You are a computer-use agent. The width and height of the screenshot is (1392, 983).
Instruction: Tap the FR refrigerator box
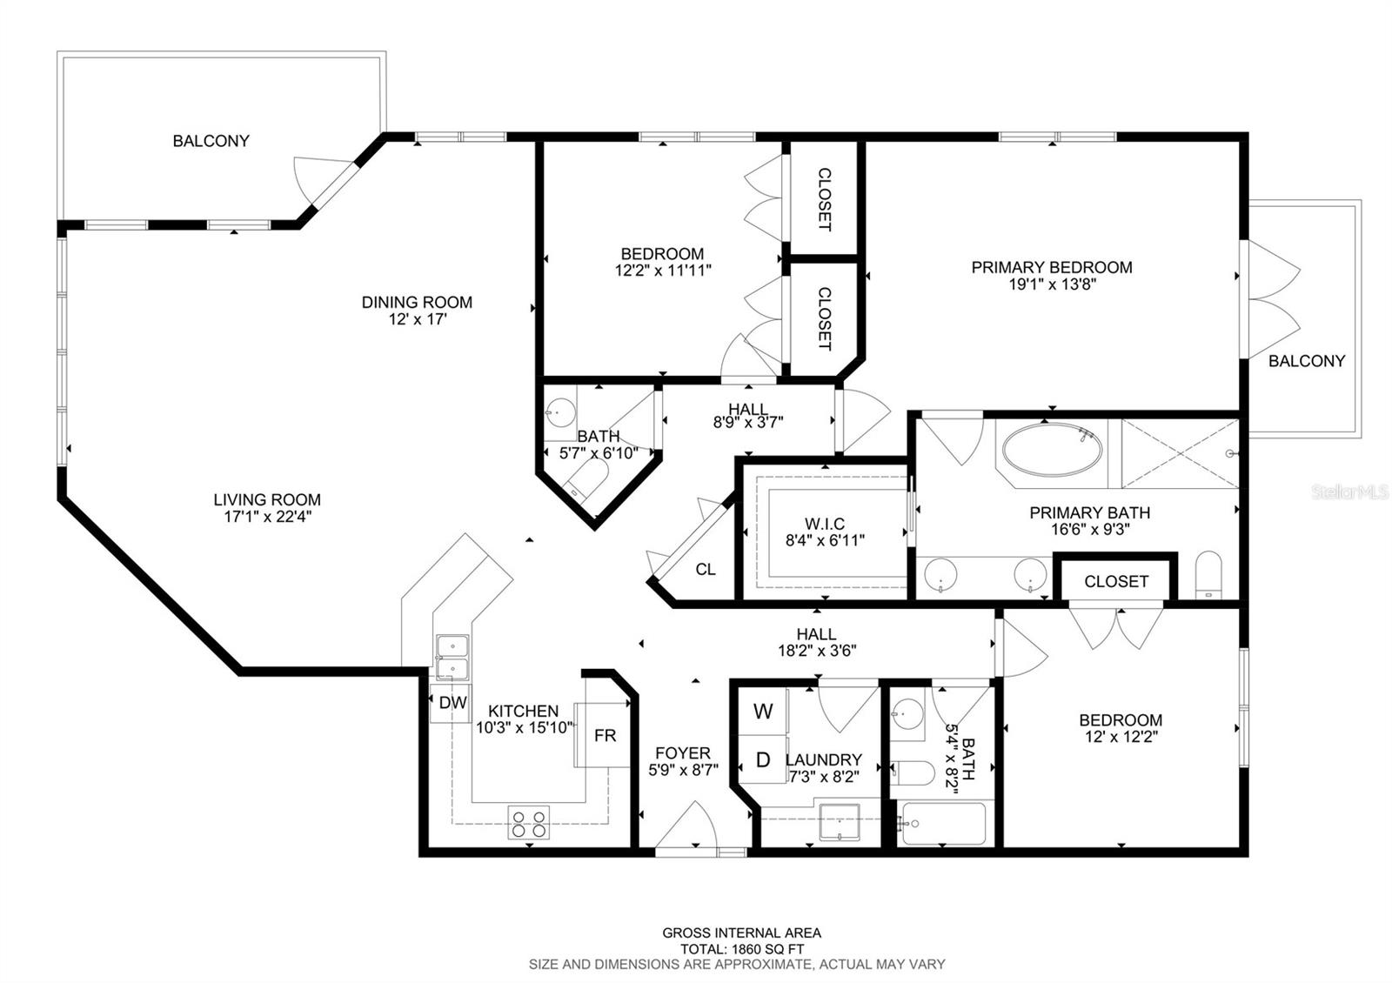(x=606, y=735)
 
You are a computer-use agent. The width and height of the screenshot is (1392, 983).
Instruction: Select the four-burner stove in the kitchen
(x=529, y=823)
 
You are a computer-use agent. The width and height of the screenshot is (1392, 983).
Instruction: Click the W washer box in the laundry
(x=763, y=712)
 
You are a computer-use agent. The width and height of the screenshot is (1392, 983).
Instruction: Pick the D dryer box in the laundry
(x=763, y=759)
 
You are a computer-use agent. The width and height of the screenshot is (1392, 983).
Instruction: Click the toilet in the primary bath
(x=1208, y=576)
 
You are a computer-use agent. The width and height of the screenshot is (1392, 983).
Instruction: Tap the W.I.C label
(x=825, y=524)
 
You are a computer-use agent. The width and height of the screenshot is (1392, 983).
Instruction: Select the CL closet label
(x=706, y=569)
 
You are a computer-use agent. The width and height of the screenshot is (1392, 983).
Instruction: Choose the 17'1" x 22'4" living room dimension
(x=267, y=516)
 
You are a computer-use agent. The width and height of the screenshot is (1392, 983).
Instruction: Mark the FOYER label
(x=683, y=752)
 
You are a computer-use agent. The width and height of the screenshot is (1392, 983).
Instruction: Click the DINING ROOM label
(x=417, y=302)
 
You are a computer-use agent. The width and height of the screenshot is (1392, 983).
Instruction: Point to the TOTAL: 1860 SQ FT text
(x=741, y=949)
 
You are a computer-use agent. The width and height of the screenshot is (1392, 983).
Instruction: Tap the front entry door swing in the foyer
(x=686, y=826)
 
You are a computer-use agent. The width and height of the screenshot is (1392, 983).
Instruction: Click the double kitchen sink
(x=452, y=657)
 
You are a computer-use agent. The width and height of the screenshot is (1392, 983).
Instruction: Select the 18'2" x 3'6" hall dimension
(x=816, y=650)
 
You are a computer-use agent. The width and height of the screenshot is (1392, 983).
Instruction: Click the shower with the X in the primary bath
(x=1179, y=454)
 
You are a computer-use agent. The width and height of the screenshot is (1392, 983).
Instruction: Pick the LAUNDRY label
(x=825, y=759)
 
